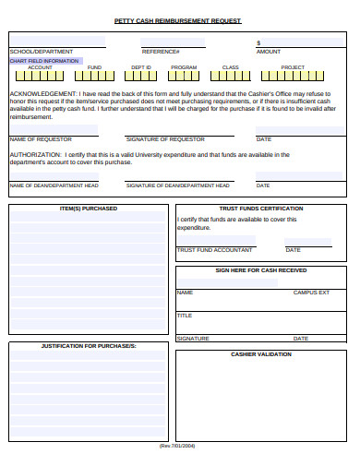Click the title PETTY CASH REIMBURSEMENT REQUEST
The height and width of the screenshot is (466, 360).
click(x=177, y=19)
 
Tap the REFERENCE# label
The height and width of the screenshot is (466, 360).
click(x=161, y=52)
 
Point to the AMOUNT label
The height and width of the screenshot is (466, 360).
click(x=268, y=52)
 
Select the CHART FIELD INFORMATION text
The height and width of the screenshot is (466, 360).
click(x=43, y=60)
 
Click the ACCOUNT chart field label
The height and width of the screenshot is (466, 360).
click(x=41, y=67)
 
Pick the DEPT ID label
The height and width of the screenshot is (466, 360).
click(x=140, y=67)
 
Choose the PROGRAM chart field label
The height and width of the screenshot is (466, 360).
click(x=184, y=67)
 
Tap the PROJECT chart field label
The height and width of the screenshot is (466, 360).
click(x=293, y=67)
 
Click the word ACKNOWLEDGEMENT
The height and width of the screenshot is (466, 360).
click(x=42, y=94)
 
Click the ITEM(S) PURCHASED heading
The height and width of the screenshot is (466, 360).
click(x=89, y=209)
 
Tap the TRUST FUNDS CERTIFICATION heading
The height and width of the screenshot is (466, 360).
click(x=261, y=209)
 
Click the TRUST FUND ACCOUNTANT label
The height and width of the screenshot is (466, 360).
click(x=214, y=250)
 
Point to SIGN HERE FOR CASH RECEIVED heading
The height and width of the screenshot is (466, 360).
click(x=261, y=270)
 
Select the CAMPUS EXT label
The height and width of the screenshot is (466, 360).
click(x=311, y=292)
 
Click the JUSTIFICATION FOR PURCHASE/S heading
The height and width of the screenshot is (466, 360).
click(x=89, y=345)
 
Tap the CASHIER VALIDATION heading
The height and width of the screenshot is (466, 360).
click(x=261, y=353)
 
